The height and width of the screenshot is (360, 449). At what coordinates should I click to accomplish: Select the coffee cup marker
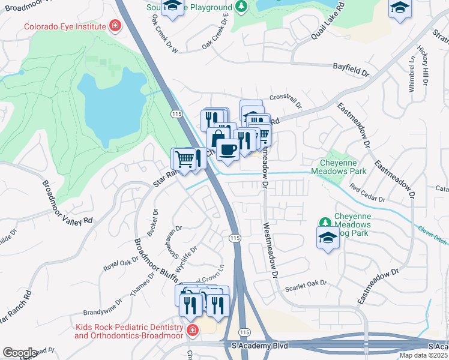(227, 149)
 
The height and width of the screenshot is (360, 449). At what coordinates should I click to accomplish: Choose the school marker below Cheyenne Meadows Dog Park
(328, 238)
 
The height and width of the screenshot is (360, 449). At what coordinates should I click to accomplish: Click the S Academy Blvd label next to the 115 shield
(260, 346)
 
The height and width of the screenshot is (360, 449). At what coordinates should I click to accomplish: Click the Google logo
(20, 353)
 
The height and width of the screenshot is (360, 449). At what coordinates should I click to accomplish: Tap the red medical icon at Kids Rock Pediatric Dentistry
(191, 331)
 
